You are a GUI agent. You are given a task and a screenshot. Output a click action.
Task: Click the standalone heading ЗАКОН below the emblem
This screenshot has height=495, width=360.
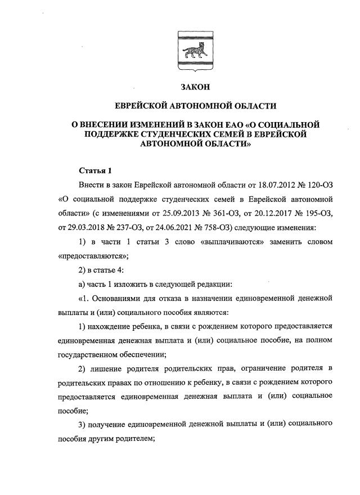(196, 88)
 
